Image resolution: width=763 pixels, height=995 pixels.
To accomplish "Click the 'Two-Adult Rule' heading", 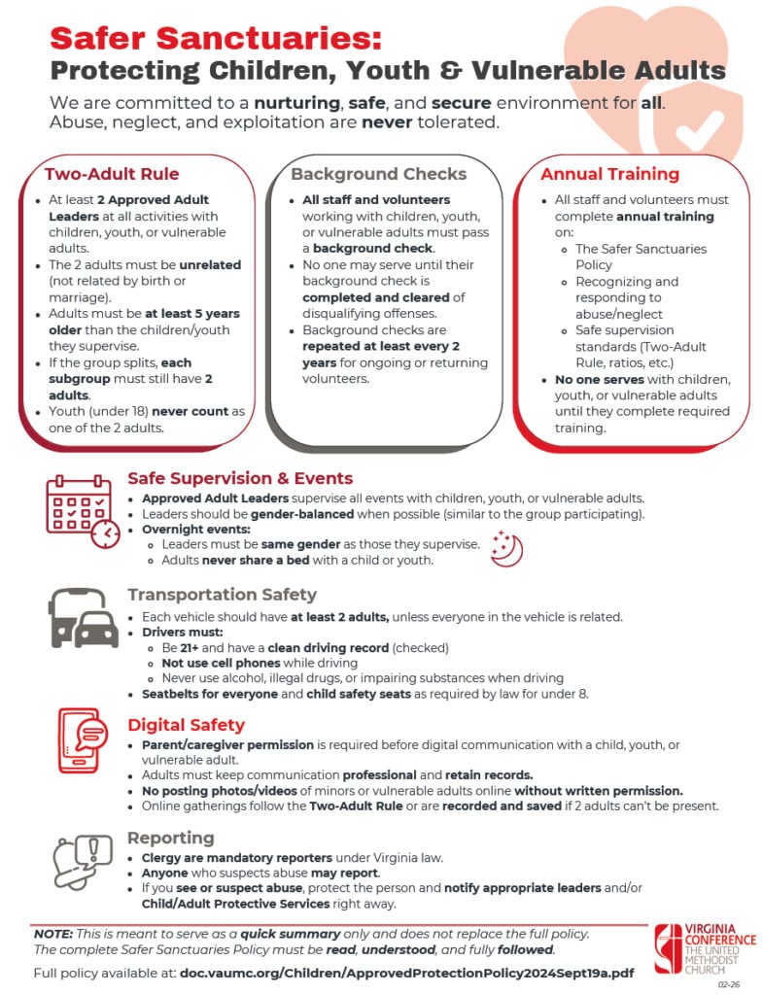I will tap(112, 175).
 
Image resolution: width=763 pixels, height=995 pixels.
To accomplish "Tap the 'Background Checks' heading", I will tap(378, 175).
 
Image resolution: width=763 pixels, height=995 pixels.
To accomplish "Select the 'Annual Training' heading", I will tap(609, 175).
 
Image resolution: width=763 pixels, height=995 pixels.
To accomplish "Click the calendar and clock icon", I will tap(83, 510).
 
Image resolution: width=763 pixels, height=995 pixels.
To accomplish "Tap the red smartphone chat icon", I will tap(83, 739).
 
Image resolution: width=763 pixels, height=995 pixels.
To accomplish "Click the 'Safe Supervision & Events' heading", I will tap(240, 478).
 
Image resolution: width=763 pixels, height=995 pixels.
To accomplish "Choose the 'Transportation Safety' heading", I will tap(222, 595).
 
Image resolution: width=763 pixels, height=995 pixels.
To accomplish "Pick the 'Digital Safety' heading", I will tap(186, 725).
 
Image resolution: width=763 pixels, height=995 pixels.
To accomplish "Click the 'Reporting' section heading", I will tap(171, 838).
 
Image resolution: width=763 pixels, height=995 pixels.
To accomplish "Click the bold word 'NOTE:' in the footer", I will tap(52, 933).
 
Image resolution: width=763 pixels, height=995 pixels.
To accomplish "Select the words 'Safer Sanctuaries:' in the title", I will tap(216, 37).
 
